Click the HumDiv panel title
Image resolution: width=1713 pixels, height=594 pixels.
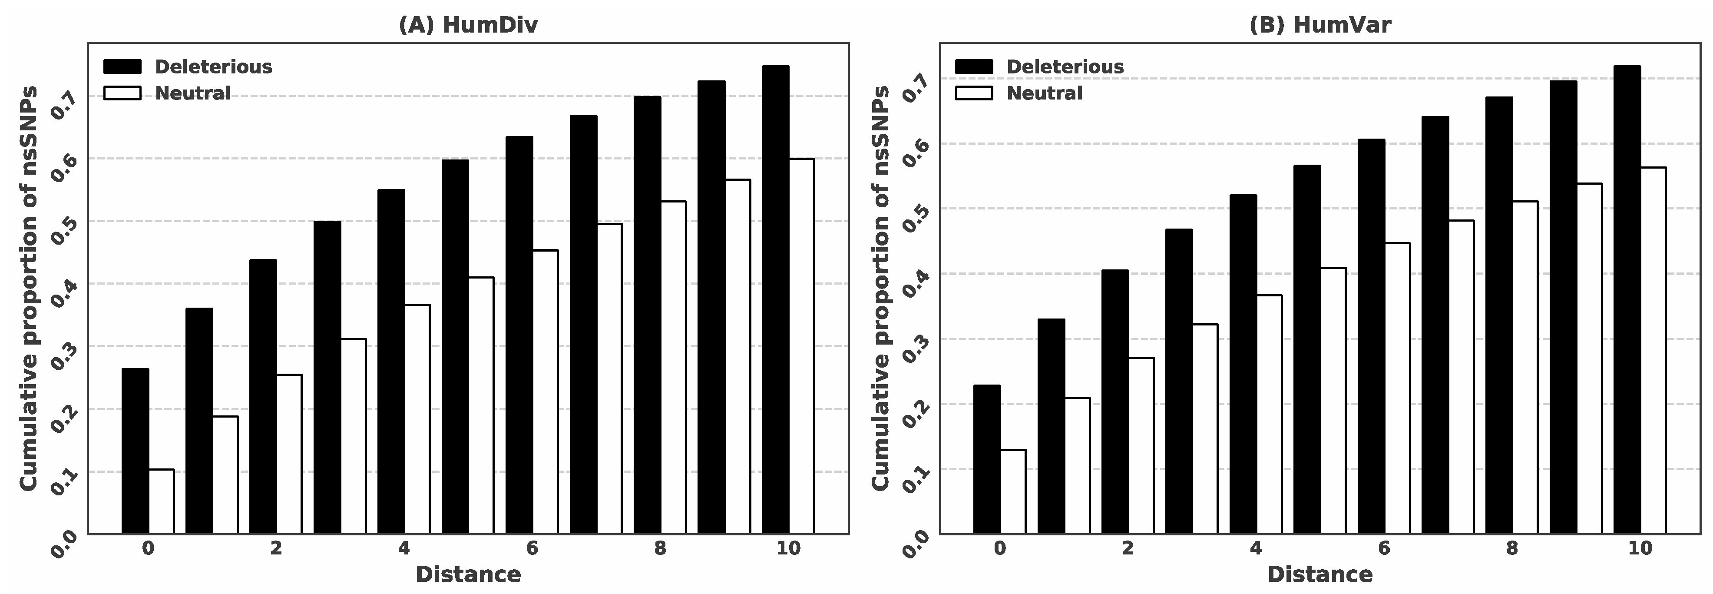[468, 25]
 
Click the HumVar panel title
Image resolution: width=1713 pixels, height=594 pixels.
[1320, 25]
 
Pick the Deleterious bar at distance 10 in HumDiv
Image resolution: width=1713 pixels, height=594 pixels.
[775, 299]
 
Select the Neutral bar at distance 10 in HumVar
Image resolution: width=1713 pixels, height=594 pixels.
[1653, 351]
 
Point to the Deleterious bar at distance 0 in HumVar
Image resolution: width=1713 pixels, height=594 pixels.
[987, 459]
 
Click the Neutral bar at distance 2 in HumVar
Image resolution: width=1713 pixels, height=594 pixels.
[1141, 446]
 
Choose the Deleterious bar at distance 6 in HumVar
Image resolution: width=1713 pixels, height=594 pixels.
[1371, 336]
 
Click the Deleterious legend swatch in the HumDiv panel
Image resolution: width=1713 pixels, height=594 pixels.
[122, 66]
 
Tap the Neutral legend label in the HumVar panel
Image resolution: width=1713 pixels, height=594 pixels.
[1044, 93]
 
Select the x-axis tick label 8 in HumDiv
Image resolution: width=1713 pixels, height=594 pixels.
[660, 549]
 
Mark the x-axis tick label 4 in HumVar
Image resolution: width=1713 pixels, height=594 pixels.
[1256, 549]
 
